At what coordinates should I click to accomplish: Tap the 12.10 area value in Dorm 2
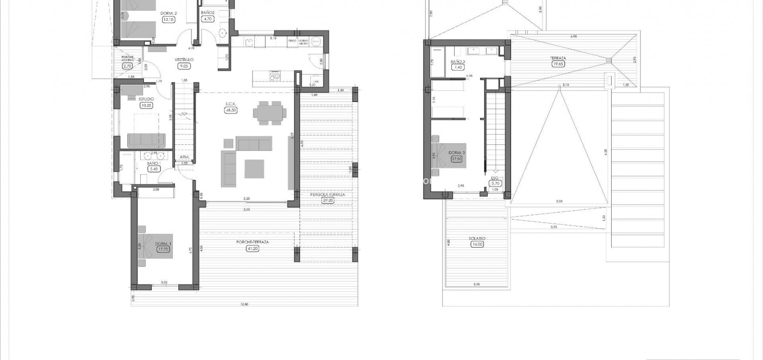tap(168, 20)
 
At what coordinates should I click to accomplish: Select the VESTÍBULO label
tap(184, 60)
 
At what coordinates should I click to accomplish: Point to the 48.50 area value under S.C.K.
tap(231, 110)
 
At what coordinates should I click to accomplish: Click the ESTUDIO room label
tap(146, 99)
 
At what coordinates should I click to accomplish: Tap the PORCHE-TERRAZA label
tap(252, 242)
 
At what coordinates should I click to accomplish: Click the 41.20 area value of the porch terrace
tap(252, 248)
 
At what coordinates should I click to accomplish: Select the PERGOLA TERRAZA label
tap(328, 195)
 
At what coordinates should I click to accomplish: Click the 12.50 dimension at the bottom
tap(244, 304)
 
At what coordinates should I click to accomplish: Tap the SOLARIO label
tap(477, 238)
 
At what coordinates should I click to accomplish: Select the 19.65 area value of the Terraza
tap(558, 64)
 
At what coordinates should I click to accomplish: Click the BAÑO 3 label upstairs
tap(457, 61)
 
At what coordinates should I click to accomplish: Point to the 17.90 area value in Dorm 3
tap(456, 159)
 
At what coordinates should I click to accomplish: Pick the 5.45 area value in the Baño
tap(153, 169)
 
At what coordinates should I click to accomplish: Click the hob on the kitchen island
tap(274, 75)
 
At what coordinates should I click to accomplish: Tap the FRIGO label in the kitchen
tap(293, 41)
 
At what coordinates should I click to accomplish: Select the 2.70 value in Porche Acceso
tap(127, 66)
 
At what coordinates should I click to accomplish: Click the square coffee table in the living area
tap(254, 169)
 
